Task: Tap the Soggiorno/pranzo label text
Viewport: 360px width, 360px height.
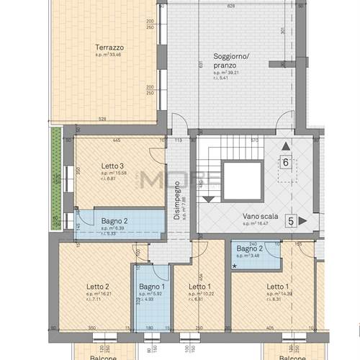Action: pos(231,60)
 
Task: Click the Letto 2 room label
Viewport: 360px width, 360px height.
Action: pos(97,287)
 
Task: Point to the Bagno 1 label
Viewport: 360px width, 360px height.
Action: pos(151,287)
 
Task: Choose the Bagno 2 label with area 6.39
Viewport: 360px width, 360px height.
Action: pos(114,221)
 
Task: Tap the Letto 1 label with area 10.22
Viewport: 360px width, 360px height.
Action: pos(199,287)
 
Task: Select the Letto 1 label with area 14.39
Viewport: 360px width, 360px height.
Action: pos(277,287)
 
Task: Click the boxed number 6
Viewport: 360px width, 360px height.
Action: pos(286,163)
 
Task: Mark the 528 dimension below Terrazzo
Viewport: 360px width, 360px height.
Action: pos(102,120)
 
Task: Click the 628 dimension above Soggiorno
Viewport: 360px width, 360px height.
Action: pos(230,6)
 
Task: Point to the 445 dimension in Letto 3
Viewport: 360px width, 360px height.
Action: pos(115,140)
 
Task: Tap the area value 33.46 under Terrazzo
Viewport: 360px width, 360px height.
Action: pos(112,55)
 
